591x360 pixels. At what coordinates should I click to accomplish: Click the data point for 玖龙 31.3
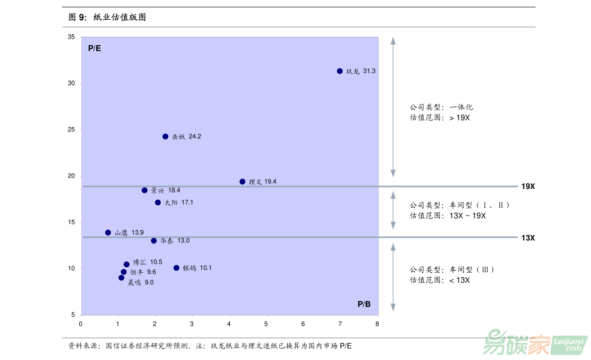coord(340,71)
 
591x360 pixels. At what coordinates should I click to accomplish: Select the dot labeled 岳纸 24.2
coord(165,136)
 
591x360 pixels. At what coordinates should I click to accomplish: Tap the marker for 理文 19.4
coord(242,181)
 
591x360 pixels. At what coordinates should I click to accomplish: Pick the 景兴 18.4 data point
coord(144,190)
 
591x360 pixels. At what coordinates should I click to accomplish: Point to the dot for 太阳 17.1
coord(158,202)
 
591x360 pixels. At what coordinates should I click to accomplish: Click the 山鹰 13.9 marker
coord(108,233)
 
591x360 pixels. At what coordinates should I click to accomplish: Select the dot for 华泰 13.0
coord(154,240)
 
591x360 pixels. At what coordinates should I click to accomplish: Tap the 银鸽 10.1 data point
coord(176,268)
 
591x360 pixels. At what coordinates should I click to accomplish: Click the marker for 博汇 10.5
coord(127,264)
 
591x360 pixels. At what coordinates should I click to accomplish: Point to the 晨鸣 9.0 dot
coord(121,278)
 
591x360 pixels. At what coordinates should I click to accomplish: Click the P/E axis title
coord(94,48)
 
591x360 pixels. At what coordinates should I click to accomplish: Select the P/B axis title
coord(364,304)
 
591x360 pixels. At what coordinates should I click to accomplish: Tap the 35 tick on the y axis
coord(71,37)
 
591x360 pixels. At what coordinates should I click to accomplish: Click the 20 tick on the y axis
coord(71,176)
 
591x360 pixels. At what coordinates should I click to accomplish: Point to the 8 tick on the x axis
coord(377,324)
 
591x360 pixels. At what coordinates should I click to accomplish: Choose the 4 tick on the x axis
coord(229,324)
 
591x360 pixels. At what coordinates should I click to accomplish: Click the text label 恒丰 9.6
coord(143,272)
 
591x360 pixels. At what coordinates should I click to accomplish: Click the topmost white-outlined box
coord(460,114)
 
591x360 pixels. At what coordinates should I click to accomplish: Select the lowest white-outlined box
coord(460,276)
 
